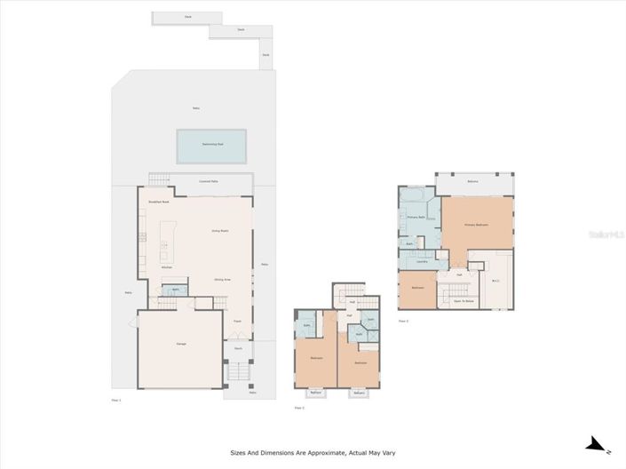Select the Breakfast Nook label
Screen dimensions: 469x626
(159, 203)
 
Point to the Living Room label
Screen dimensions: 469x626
(220, 231)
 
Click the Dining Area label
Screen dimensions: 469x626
(222, 280)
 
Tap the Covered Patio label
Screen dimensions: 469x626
(210, 181)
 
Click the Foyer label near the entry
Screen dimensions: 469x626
(237, 320)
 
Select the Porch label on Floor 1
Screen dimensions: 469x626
(238, 348)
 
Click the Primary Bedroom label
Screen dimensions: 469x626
(477, 225)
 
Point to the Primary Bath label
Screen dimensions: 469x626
(417, 217)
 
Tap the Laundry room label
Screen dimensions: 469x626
(423, 261)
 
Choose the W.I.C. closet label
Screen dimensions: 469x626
(495, 283)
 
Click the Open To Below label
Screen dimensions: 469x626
(463, 301)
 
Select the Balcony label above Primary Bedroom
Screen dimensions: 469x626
(473, 182)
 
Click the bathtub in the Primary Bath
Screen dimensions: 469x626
(414, 195)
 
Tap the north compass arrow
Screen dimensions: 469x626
(597, 444)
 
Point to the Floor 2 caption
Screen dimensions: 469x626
(299, 408)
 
